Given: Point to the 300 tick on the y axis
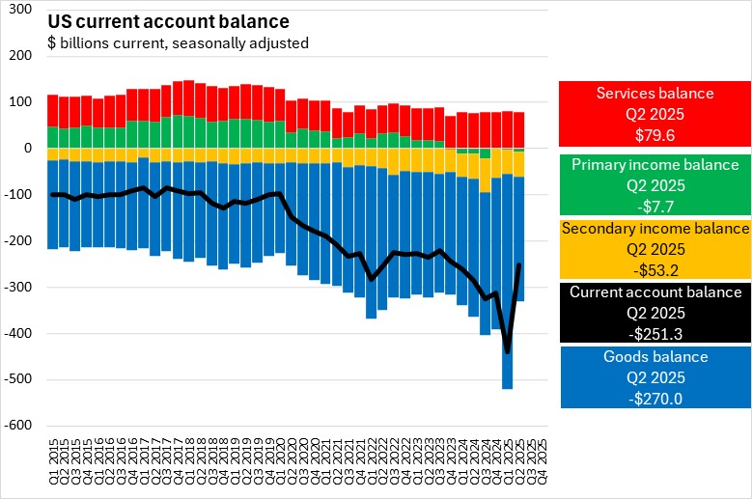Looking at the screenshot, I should (21, 10).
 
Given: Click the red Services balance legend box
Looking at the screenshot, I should (654, 111).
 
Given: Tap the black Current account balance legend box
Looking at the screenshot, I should (654, 313).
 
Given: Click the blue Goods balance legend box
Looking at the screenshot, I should (654, 375).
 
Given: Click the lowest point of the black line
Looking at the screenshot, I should (508, 352).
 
